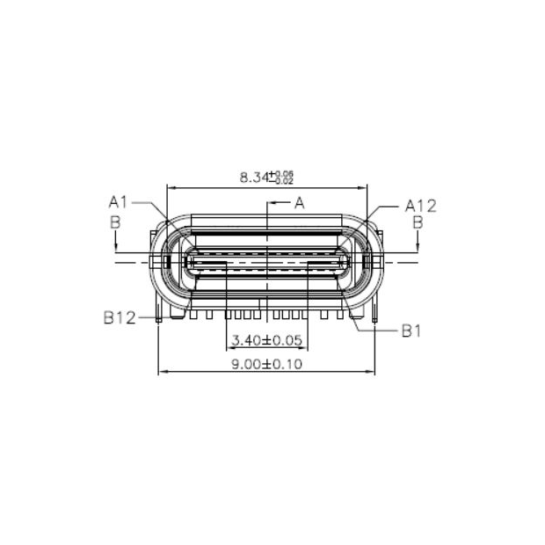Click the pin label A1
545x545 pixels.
118,202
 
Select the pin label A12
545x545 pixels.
420,206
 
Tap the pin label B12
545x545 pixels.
119,317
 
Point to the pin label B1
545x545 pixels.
412,331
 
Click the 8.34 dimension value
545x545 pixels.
253,178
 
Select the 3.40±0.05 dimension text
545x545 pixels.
265,340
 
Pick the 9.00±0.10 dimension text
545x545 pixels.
266,365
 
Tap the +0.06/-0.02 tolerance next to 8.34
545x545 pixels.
282,177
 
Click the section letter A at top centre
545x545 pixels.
299,203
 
